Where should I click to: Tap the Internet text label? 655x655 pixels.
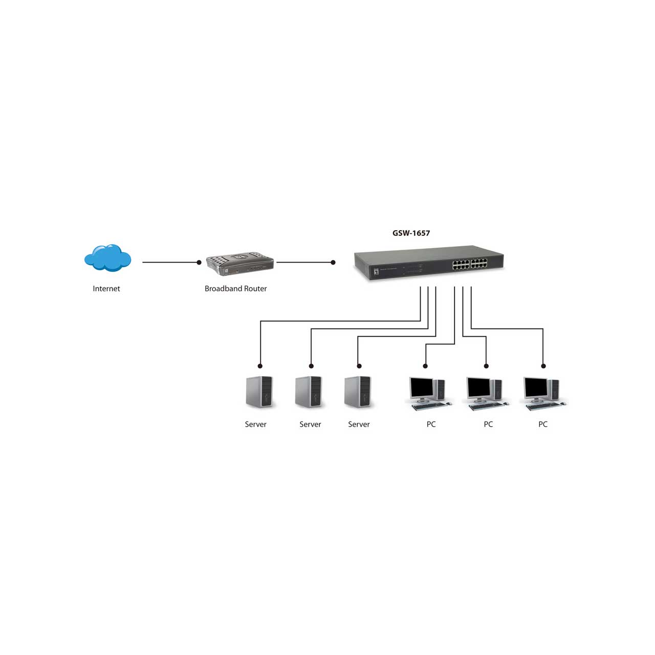[x=106, y=289]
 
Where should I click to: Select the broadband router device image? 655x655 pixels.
[x=240, y=264]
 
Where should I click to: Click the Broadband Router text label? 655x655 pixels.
[x=235, y=289]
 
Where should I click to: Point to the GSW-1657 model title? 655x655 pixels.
[x=411, y=233]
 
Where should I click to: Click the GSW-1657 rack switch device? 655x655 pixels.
[x=429, y=263]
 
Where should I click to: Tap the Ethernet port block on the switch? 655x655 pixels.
[x=470, y=264]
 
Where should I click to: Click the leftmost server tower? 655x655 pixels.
[x=259, y=391]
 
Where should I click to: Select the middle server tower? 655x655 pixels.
[x=308, y=391]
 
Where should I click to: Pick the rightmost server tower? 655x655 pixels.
[x=358, y=391]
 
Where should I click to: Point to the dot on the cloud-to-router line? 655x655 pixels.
[x=199, y=263]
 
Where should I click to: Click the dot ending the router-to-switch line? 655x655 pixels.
[x=333, y=263]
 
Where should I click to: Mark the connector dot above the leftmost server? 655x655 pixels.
[x=260, y=366]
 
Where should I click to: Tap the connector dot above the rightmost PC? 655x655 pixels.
[x=543, y=366]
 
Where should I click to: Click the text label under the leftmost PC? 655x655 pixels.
[x=431, y=424]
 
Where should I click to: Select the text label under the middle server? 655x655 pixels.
[x=310, y=424]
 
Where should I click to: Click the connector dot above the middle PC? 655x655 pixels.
[x=486, y=366]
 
